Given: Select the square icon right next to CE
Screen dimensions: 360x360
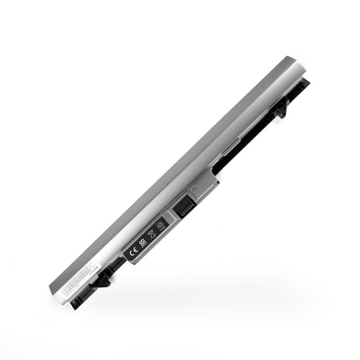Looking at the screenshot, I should tap(143, 243).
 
